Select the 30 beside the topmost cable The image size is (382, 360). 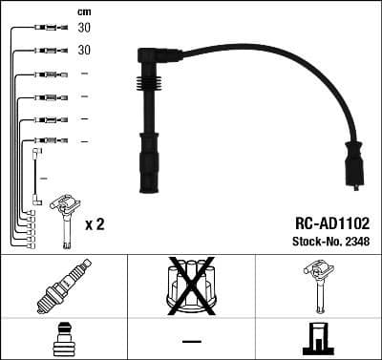pyautogui.click(x=84, y=29)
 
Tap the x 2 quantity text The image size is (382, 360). pyautogui.click(x=94, y=226)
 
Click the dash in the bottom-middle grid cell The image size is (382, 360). pyautogui.click(x=191, y=340)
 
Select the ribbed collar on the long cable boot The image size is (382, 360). pyautogui.click(x=149, y=143)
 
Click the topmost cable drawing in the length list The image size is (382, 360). pyautogui.click(x=43, y=29)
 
